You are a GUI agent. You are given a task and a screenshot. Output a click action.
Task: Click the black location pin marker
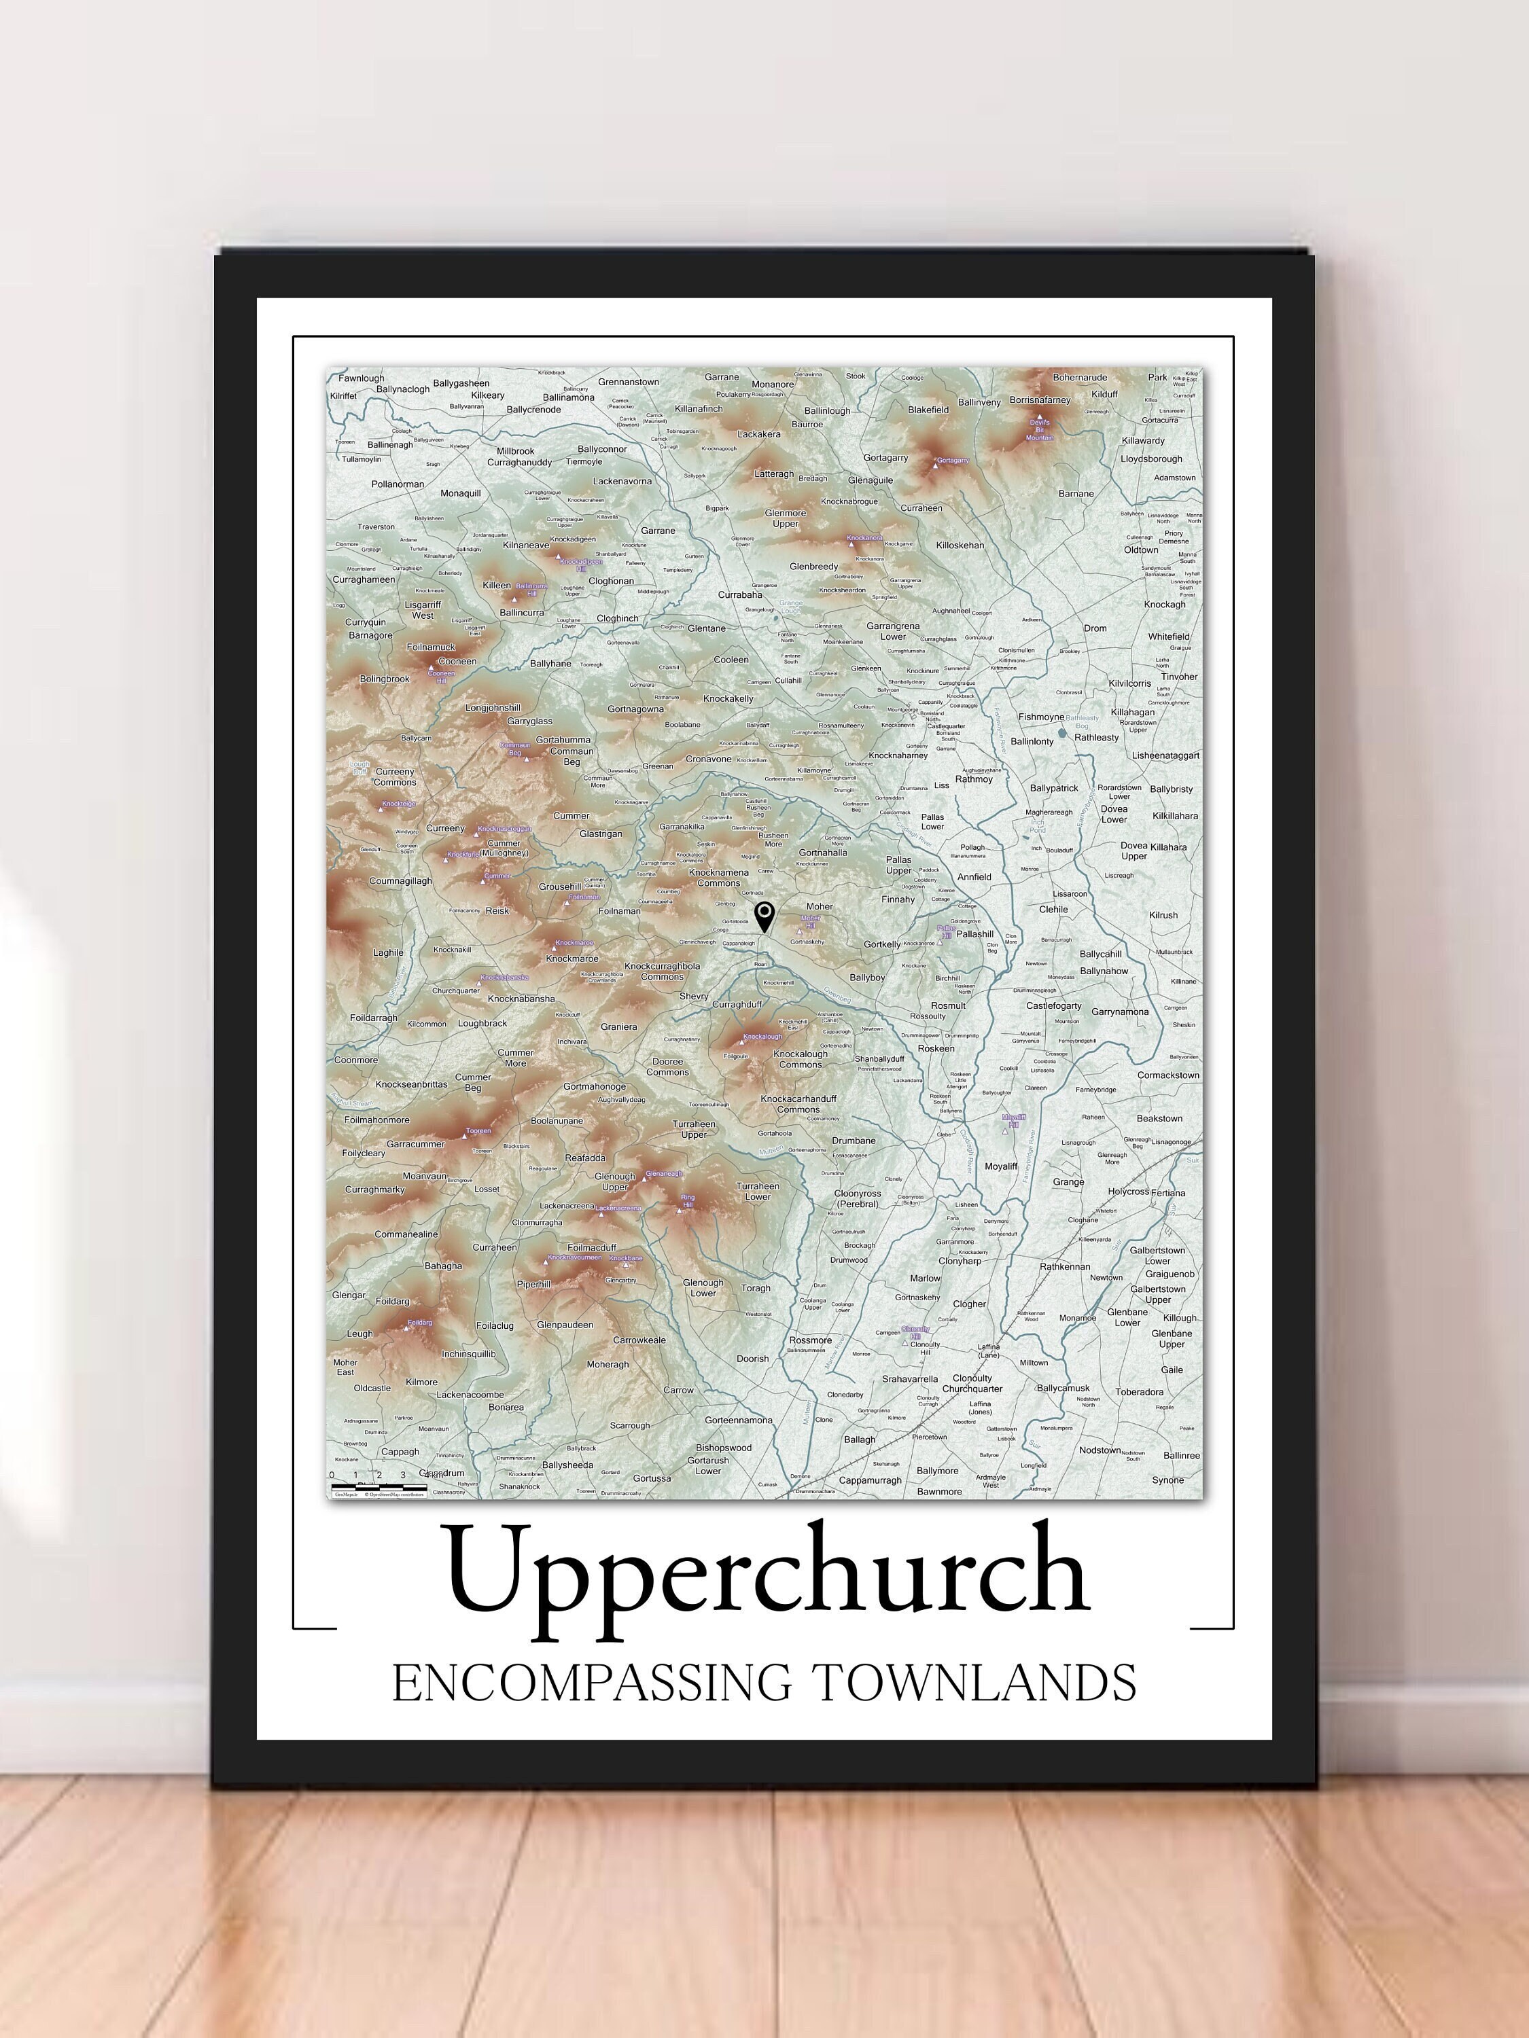pyautogui.click(x=764, y=916)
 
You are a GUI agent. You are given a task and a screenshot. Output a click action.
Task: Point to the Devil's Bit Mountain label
pyautogui.click(x=1040, y=429)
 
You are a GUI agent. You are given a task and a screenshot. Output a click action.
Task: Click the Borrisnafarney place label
pyautogui.click(x=1040, y=400)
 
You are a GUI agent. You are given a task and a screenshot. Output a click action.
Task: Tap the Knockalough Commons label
pyautogui.click(x=799, y=1058)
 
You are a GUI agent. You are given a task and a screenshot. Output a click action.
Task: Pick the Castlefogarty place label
pyautogui.click(x=1053, y=1005)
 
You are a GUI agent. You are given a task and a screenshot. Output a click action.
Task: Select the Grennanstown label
pyautogui.click(x=629, y=381)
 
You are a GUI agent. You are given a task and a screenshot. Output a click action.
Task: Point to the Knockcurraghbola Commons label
pyautogui.click(x=662, y=971)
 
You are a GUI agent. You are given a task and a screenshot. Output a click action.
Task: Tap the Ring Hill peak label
pyautogui.click(x=688, y=1200)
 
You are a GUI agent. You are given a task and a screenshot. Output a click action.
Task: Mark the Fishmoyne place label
pyautogui.click(x=1040, y=717)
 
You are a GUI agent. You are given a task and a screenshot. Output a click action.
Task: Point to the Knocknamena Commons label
pyautogui.click(x=719, y=877)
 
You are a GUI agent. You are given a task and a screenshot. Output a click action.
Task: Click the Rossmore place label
pyautogui.click(x=810, y=1340)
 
